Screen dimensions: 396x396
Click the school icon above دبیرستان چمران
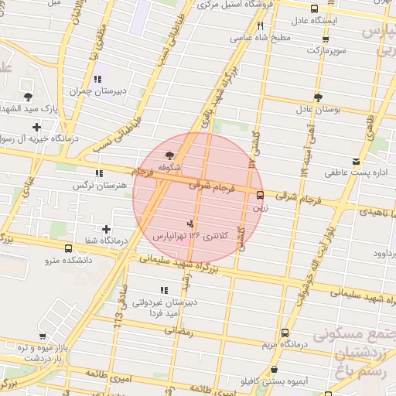97,79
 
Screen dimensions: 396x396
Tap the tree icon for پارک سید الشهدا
29,97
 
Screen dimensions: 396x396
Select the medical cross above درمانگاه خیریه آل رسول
36,126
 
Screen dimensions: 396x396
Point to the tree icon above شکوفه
169,155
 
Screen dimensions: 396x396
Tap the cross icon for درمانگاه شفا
106,229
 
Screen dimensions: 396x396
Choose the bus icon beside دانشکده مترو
69,249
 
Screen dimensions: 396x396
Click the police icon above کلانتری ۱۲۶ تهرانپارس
191,224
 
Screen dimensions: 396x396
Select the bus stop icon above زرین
259,196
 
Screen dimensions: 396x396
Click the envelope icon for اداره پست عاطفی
355,161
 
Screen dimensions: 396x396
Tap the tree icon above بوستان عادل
318,97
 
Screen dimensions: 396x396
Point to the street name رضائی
179,329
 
